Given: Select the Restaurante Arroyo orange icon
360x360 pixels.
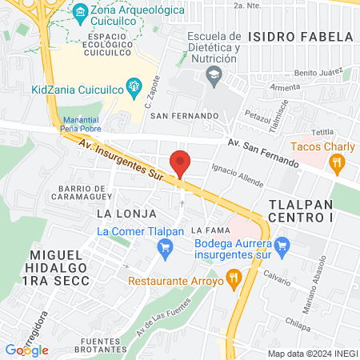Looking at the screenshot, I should point(234,278).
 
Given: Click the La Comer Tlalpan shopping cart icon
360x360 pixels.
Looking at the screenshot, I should point(165,247).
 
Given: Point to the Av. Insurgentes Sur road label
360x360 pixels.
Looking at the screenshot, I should point(119,159).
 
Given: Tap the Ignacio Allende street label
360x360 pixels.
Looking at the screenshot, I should point(238,175).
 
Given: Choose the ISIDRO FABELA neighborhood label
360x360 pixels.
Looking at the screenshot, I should point(300,37).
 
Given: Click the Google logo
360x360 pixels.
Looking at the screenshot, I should point(26,350).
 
